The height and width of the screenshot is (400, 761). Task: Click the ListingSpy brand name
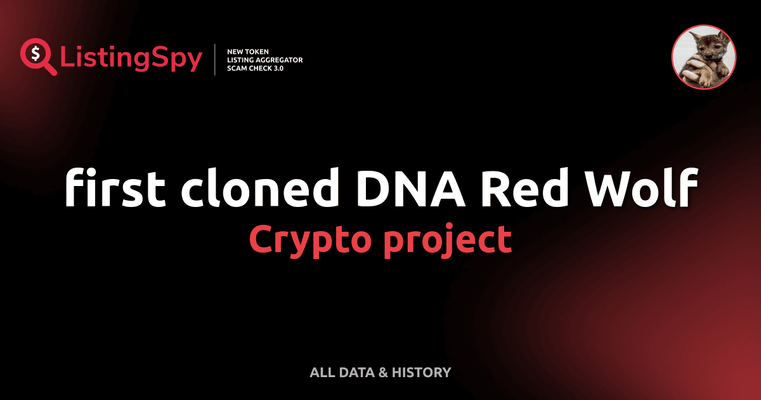(131, 59)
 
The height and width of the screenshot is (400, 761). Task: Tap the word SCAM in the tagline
(237, 69)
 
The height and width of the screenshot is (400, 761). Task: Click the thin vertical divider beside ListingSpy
(216, 60)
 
